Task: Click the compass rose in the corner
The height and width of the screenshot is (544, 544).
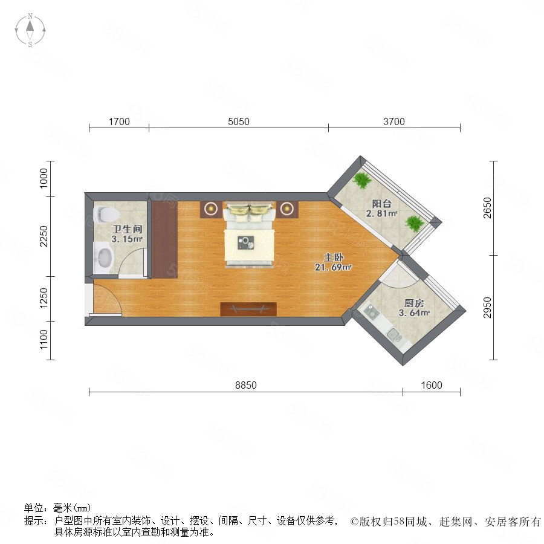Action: pyautogui.click(x=30, y=30)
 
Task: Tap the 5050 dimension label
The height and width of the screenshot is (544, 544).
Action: pyautogui.click(x=239, y=121)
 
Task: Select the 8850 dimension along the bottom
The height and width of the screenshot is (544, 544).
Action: pyautogui.click(x=246, y=385)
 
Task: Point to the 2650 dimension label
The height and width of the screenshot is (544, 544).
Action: pyautogui.click(x=488, y=208)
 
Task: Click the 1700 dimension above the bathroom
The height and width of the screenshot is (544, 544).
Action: pyautogui.click(x=119, y=121)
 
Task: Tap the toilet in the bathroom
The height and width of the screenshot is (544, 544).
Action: pyautogui.click(x=105, y=215)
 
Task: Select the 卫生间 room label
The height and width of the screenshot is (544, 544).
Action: pyautogui.click(x=128, y=229)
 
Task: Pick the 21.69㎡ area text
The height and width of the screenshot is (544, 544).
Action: pyautogui.click(x=334, y=267)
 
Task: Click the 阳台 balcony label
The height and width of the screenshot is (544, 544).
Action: pyautogui.click(x=381, y=204)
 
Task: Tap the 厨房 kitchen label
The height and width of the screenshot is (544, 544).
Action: pyautogui.click(x=414, y=303)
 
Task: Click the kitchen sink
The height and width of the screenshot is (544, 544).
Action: pyautogui.click(x=395, y=334)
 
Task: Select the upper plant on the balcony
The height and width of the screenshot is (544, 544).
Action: pyautogui.click(x=362, y=180)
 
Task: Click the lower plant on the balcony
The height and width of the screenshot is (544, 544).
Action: pyautogui.click(x=415, y=224)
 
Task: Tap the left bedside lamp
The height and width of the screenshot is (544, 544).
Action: pyautogui.click(x=210, y=209)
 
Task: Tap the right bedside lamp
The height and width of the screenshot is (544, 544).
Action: pyautogui.click(x=287, y=209)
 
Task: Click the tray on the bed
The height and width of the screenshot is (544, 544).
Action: pyautogui.click(x=245, y=242)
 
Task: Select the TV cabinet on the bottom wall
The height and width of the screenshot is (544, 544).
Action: pyautogui.click(x=248, y=309)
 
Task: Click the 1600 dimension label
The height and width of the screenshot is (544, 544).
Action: pyautogui.click(x=432, y=385)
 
